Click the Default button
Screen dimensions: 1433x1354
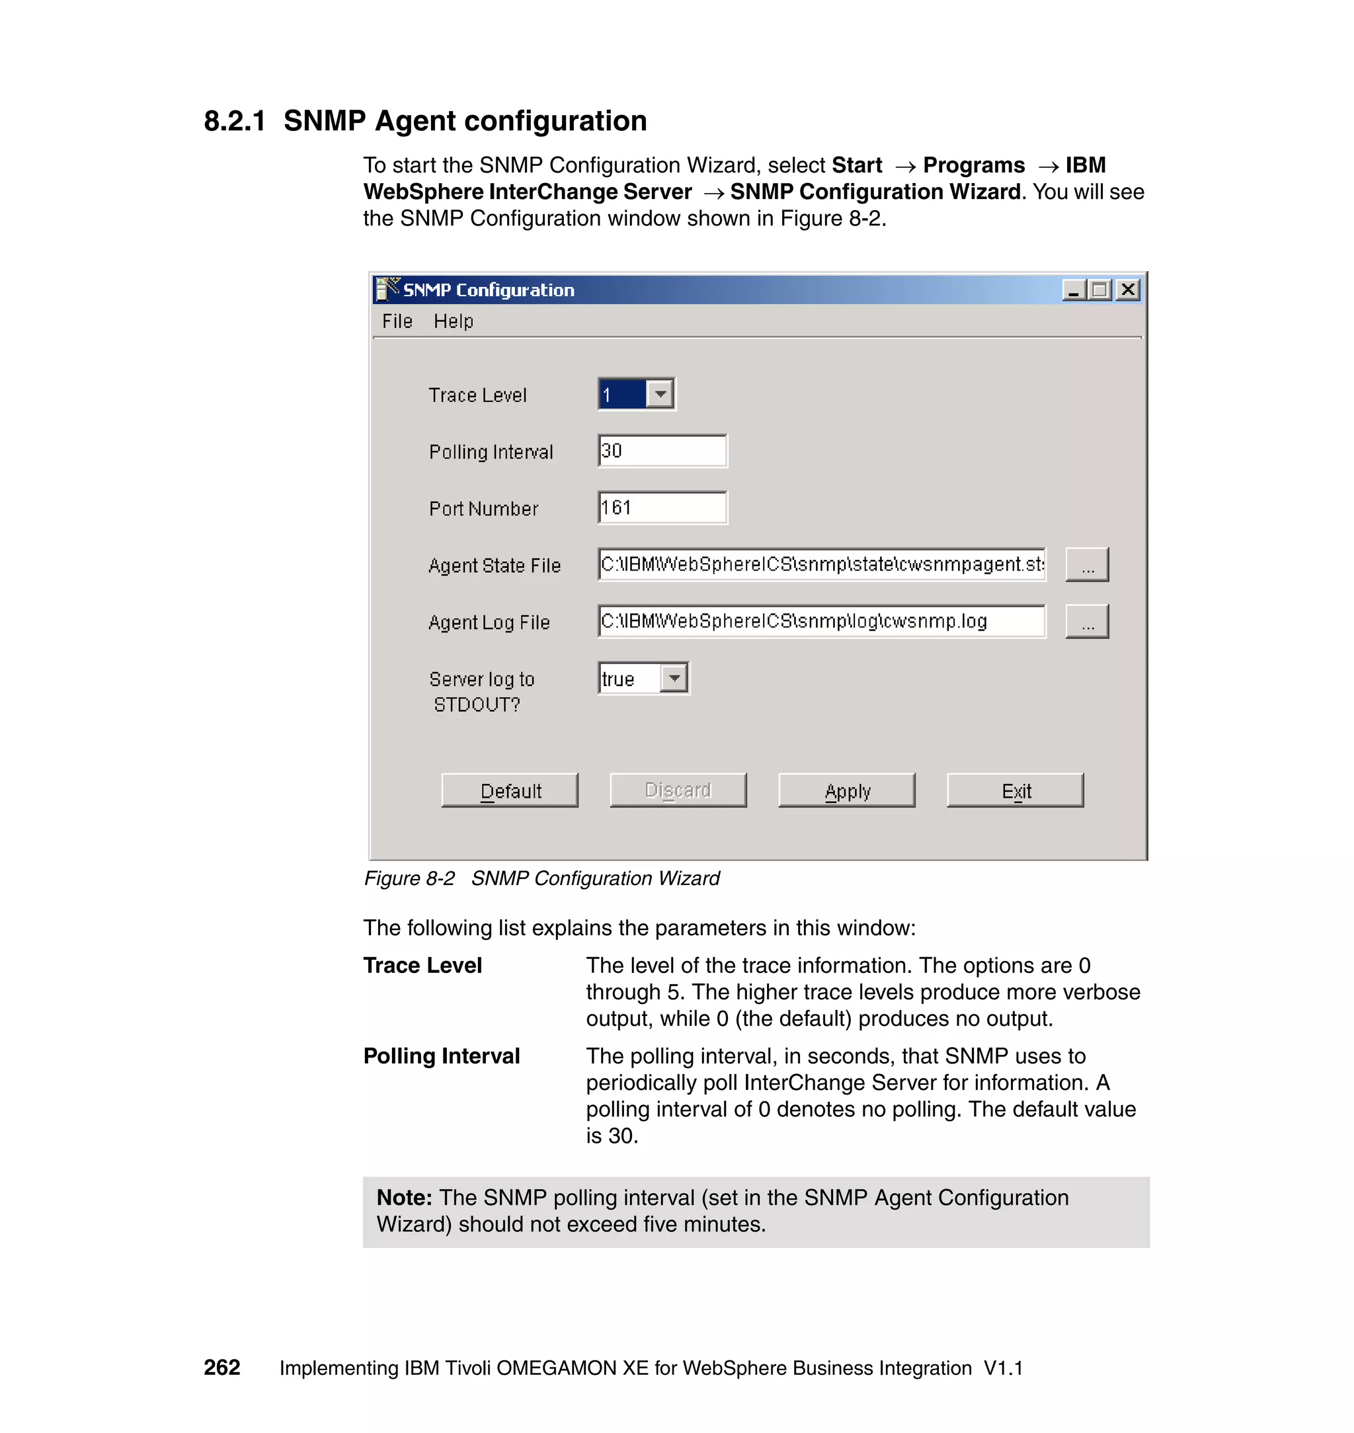[x=510, y=790]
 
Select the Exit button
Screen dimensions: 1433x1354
[x=1015, y=790]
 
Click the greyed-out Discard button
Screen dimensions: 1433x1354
[x=678, y=790]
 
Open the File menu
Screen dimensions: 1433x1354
[x=397, y=321]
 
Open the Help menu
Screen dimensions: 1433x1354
[x=454, y=321]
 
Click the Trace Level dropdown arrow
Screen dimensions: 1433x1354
[x=660, y=394]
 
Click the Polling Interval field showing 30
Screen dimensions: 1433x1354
[x=662, y=451]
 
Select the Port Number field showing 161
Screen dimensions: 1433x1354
[x=662, y=508]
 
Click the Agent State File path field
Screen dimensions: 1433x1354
[x=821, y=564]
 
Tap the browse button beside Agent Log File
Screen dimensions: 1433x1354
[x=1087, y=622]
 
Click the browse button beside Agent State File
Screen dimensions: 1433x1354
[x=1087, y=565]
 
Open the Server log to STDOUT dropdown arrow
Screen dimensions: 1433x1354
[x=674, y=678]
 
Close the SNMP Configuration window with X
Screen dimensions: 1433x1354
[x=1127, y=290]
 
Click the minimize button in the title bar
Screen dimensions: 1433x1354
[x=1074, y=290]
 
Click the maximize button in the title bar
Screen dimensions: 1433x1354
[x=1100, y=290]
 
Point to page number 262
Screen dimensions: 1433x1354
[x=221, y=1368]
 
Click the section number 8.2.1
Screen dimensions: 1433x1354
[x=235, y=121]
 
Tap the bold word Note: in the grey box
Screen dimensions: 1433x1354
[x=404, y=1198]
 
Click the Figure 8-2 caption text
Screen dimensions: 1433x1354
[x=541, y=878]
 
